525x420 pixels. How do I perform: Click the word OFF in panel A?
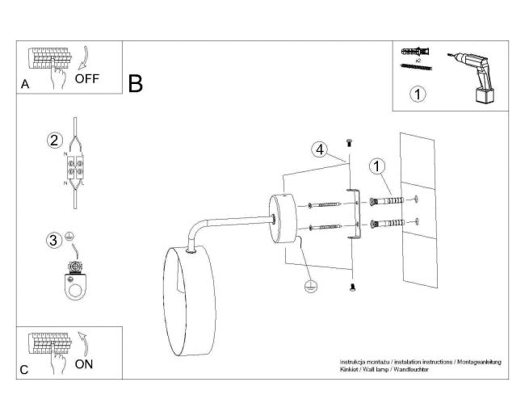point(87,78)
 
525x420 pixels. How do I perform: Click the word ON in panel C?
point(84,364)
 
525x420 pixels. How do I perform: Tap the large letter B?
point(135,84)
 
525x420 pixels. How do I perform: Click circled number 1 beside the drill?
point(418,94)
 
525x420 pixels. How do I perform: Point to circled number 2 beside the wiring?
point(54,141)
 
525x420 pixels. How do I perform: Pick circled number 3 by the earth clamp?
point(53,240)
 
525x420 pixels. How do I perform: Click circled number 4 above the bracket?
point(320,149)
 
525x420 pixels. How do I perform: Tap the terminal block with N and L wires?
point(75,167)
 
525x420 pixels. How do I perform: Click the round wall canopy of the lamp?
point(283,218)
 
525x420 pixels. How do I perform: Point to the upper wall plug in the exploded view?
point(387,201)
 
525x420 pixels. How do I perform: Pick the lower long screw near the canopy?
point(325,228)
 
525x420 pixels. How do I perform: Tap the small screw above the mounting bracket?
point(349,143)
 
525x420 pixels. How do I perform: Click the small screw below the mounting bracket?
point(352,288)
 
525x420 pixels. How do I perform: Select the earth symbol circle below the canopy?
point(310,287)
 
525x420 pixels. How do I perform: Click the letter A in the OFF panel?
point(25,84)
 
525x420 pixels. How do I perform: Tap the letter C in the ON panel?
point(24,370)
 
